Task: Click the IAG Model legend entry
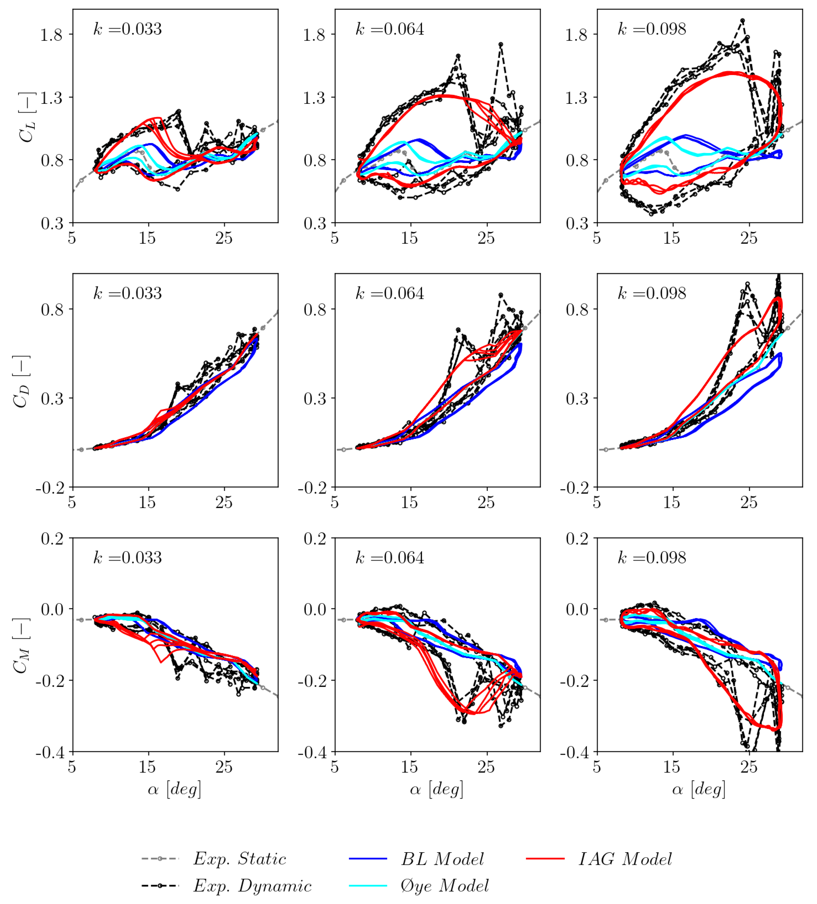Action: (625, 859)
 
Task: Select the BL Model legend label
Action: (442, 859)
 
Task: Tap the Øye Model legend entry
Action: (444, 886)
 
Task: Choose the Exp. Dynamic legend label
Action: (252, 886)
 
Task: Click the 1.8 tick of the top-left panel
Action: (51, 35)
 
